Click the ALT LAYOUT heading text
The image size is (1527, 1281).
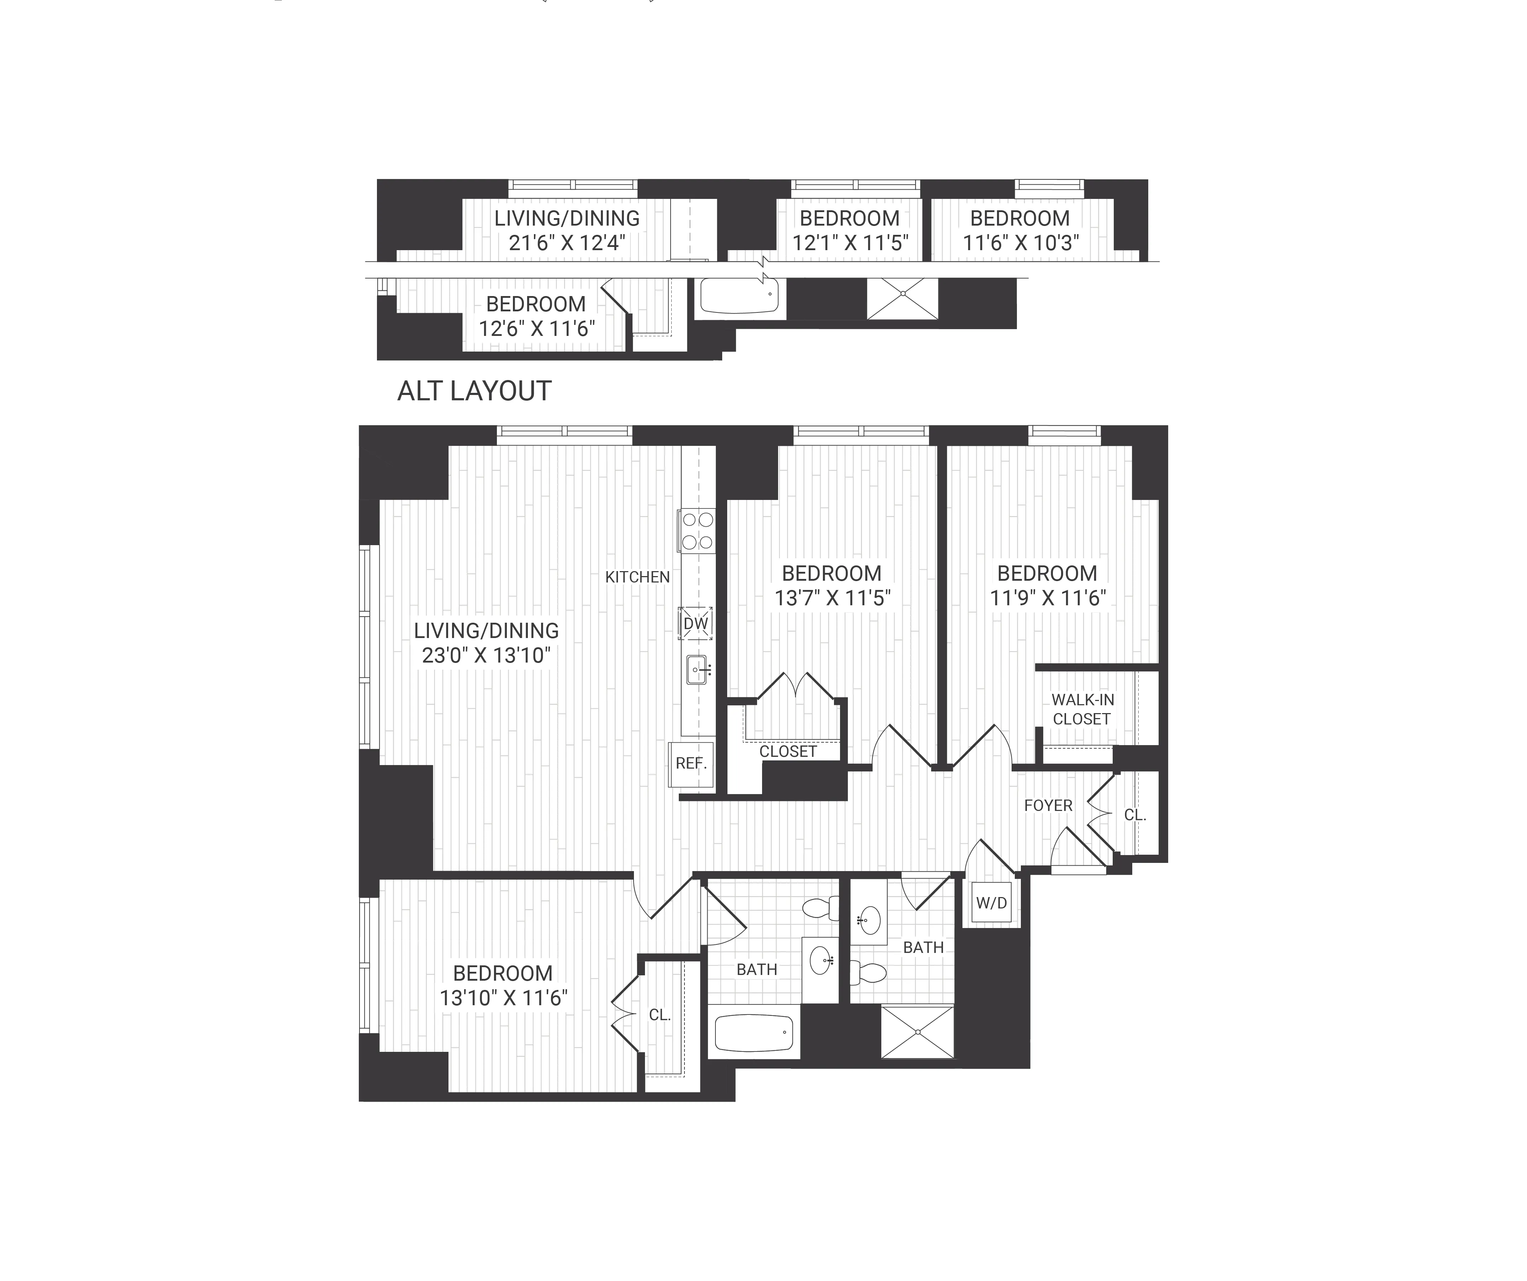pyautogui.click(x=474, y=391)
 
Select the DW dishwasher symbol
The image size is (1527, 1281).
pyautogui.click(x=695, y=623)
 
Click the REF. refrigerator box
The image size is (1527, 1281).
pyautogui.click(x=691, y=763)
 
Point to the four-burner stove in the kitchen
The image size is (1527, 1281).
pyautogui.click(x=697, y=531)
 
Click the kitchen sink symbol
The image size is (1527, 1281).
pyautogui.click(x=697, y=669)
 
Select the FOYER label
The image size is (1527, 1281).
pyautogui.click(x=1048, y=806)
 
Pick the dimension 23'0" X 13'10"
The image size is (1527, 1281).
pyautogui.click(x=486, y=656)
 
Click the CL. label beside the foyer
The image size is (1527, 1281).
pyautogui.click(x=1134, y=815)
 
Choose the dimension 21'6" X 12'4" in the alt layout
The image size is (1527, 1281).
pyautogui.click(x=566, y=243)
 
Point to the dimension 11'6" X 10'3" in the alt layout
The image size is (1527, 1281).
pyautogui.click(x=1020, y=243)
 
